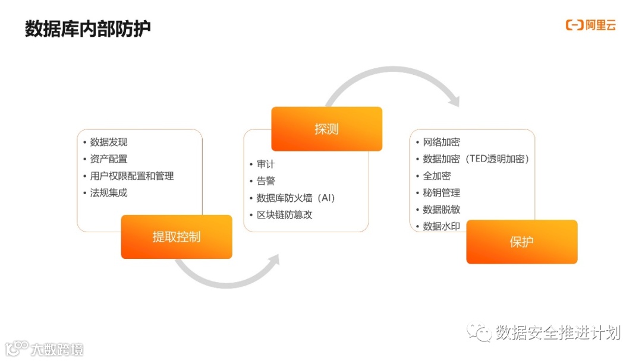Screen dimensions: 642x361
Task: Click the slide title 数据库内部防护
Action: pos(88,28)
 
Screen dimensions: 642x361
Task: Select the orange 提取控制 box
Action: pos(177,237)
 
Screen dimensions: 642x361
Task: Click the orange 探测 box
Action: pos(326,129)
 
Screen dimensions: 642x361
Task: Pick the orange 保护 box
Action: pos(521,242)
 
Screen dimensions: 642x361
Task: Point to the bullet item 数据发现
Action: pos(109,142)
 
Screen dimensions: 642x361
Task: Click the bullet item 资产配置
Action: pos(109,159)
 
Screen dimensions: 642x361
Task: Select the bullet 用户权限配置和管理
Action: pos(132,176)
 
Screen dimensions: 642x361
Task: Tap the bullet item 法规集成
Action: pos(109,192)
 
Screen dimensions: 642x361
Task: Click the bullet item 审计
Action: pos(266,164)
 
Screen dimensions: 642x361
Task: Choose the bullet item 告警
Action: pos(266,181)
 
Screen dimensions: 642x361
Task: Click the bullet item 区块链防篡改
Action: pos(284,214)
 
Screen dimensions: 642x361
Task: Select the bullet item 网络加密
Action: pos(441,142)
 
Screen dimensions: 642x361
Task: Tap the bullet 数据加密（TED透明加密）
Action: pos(476,159)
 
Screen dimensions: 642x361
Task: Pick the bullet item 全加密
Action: pos(436,176)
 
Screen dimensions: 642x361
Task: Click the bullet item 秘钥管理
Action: pos(441,192)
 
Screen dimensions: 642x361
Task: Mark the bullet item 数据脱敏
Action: pos(441,209)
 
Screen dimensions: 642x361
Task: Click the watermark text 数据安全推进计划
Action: pos(558,332)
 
